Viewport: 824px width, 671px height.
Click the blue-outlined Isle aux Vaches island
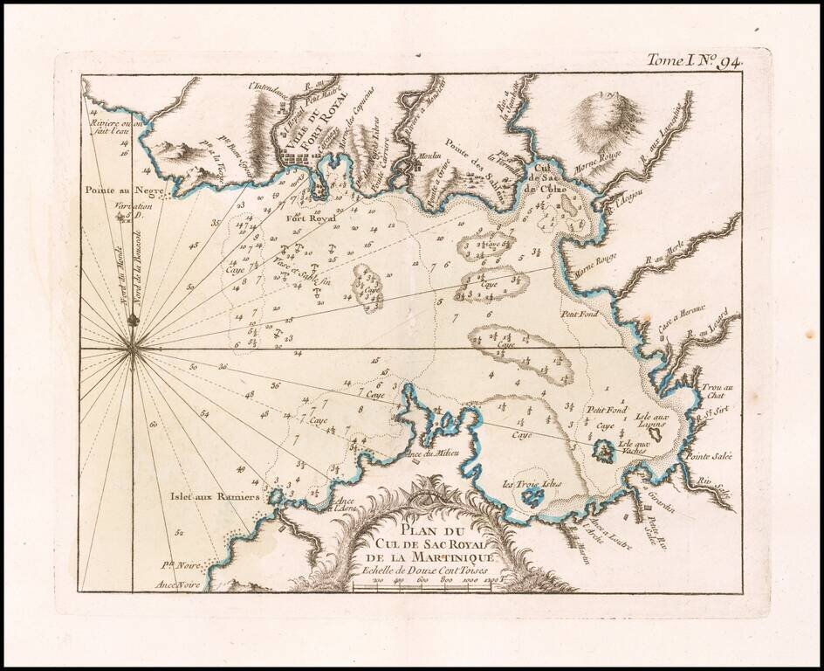pyautogui.click(x=602, y=451)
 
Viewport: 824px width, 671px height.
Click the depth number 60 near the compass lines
pyautogui.click(x=153, y=425)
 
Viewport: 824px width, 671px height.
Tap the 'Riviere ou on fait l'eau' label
pyautogui.click(x=108, y=128)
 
